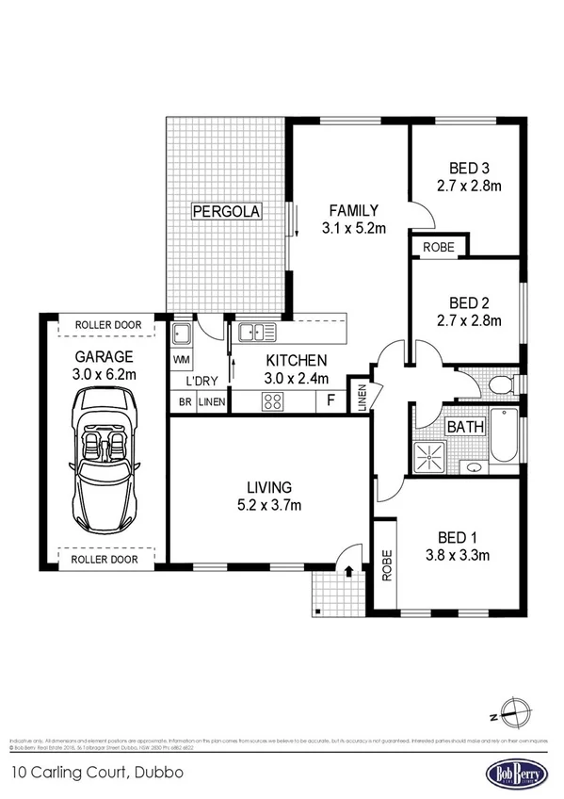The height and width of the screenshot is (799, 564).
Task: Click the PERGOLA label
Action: (226, 211)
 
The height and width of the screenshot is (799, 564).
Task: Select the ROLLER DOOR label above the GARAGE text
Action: (108, 325)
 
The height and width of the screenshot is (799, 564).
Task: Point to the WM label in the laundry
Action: (182, 359)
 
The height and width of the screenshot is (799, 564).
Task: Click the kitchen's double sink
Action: (256, 332)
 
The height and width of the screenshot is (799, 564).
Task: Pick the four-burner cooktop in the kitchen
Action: (274, 400)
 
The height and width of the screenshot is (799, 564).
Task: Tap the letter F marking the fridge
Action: (330, 400)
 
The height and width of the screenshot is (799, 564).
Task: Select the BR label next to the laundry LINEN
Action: (183, 401)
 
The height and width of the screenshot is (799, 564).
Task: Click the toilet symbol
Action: (502, 383)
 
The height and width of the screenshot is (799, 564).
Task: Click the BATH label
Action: (465, 427)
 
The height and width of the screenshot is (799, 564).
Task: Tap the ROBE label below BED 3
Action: (439, 247)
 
